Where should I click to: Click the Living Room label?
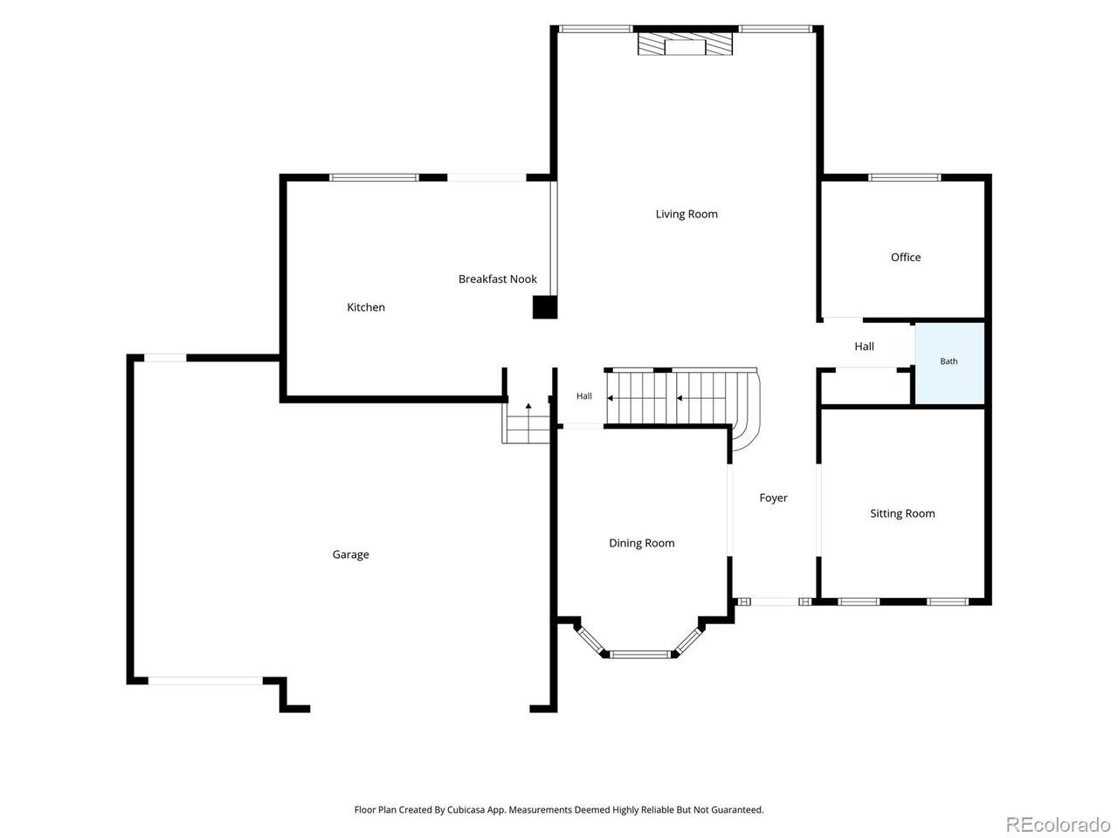point(686,214)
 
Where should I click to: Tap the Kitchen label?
point(366,307)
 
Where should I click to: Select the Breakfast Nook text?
point(497,278)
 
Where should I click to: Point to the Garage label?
point(350,554)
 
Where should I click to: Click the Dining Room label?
point(641,543)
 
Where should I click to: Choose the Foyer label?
point(773,498)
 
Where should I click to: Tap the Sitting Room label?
point(902,513)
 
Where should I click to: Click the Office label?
point(905,258)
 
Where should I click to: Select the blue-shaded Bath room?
point(949,363)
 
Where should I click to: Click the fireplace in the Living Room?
point(685,45)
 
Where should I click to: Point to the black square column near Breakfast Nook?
point(544,307)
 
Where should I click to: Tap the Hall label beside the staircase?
point(583,395)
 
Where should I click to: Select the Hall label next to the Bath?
point(864,347)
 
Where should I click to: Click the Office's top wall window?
point(904,177)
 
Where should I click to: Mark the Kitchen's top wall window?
point(373,177)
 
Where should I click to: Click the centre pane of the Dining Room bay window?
point(639,655)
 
